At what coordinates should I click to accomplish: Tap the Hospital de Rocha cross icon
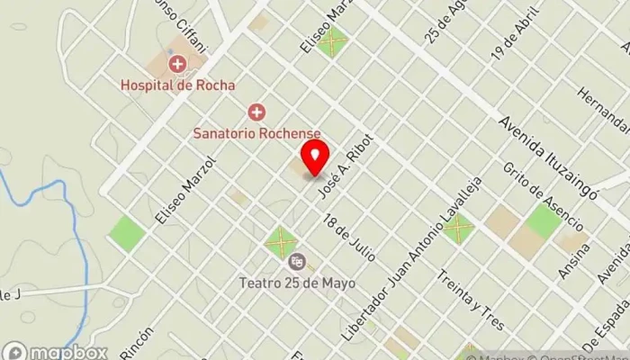coord(178,64)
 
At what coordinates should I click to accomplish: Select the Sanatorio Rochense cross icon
coord(256,112)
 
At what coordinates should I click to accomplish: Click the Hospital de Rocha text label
coord(178,85)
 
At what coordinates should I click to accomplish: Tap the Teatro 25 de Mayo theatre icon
coord(296,262)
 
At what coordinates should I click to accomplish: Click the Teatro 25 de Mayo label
coord(297,283)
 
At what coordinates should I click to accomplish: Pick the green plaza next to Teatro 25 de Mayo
coord(281,241)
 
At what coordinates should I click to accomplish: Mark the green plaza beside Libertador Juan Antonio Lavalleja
coord(457,227)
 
